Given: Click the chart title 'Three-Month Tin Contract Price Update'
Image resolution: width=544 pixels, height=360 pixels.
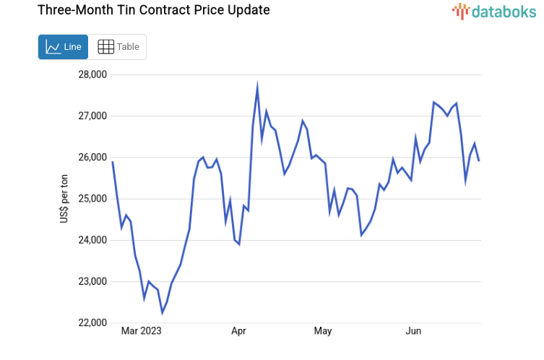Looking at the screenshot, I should click(x=153, y=10).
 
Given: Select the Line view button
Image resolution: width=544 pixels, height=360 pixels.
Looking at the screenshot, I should click(x=63, y=47).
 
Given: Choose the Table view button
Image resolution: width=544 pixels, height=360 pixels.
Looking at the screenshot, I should click(x=118, y=47).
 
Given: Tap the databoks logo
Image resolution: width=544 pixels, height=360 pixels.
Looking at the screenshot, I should click(x=493, y=11).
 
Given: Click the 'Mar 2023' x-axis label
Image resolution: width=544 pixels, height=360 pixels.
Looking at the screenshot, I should click(x=141, y=331).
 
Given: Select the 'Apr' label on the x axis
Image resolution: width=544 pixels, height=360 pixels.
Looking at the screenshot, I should click(x=239, y=331).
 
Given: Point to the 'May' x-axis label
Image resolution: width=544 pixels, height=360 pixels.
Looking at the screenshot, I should click(x=323, y=331).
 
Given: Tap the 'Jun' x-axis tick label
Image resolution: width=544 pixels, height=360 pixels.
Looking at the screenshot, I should click(x=413, y=331).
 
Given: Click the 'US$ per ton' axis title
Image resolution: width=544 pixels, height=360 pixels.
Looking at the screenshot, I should click(x=64, y=199).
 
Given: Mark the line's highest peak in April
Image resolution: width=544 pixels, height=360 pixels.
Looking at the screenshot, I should click(x=257, y=87).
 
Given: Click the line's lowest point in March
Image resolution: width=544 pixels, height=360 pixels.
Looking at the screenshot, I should click(x=163, y=313).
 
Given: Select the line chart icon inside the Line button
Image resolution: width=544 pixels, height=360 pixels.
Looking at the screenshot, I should click(x=53, y=47).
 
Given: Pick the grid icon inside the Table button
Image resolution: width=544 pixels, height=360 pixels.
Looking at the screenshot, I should click(x=105, y=47).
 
